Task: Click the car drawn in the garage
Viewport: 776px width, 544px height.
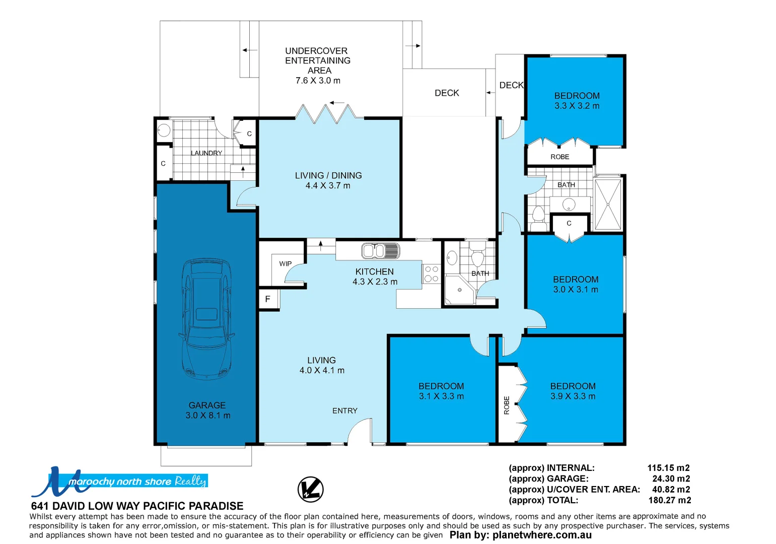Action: (x=207, y=319)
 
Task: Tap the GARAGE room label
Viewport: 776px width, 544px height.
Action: (x=207, y=405)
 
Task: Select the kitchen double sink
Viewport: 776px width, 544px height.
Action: (x=380, y=250)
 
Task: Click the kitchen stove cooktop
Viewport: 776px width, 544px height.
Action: (x=431, y=274)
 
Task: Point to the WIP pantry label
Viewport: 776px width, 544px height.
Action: (x=286, y=263)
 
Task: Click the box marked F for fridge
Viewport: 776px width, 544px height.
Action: (x=267, y=299)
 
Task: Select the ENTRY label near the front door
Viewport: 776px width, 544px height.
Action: (x=345, y=411)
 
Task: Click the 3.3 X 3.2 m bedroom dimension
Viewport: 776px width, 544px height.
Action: (x=577, y=106)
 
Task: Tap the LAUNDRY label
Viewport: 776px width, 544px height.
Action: (x=206, y=153)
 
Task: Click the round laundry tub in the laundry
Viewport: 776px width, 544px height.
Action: (x=164, y=130)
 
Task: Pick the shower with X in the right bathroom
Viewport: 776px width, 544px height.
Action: (x=608, y=205)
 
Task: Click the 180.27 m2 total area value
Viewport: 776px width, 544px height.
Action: (x=669, y=500)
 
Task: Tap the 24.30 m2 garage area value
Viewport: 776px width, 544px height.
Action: (x=671, y=479)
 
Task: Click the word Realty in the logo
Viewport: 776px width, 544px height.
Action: (x=190, y=481)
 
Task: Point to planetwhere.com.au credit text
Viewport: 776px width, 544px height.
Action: (x=542, y=535)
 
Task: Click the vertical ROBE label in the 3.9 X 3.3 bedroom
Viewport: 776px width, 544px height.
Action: (x=507, y=405)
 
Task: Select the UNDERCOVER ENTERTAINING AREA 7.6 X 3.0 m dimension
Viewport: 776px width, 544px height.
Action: (x=318, y=81)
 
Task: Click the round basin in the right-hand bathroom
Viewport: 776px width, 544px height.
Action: (x=569, y=205)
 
